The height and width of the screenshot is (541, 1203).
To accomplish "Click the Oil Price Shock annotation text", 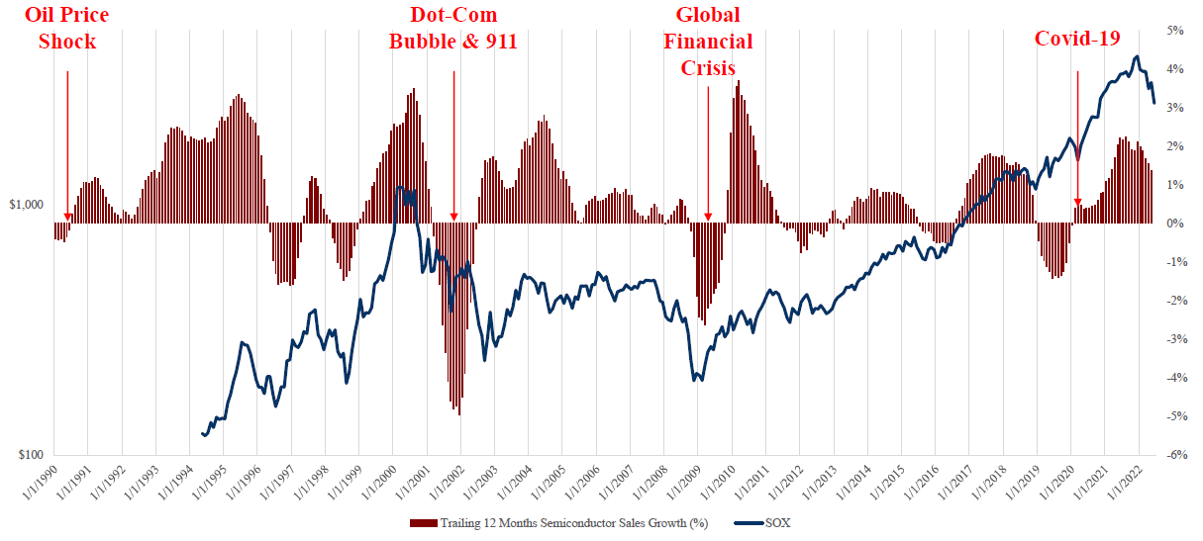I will click(x=67, y=28).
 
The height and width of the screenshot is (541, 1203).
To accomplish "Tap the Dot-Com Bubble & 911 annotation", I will click(x=453, y=28).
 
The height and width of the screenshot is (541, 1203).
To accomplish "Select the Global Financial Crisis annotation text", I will click(x=708, y=41).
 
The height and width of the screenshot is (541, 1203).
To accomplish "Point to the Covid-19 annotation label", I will click(x=1077, y=39).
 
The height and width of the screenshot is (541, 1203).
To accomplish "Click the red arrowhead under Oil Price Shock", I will click(x=67, y=217).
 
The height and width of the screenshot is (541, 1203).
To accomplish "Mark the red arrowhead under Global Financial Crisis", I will click(x=708, y=217).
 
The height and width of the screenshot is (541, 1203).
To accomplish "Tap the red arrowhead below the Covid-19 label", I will click(x=1077, y=205).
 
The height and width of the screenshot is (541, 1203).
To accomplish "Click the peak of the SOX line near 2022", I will click(x=1135, y=56).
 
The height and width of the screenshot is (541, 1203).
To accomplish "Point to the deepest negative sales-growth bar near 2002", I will click(x=459, y=413).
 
